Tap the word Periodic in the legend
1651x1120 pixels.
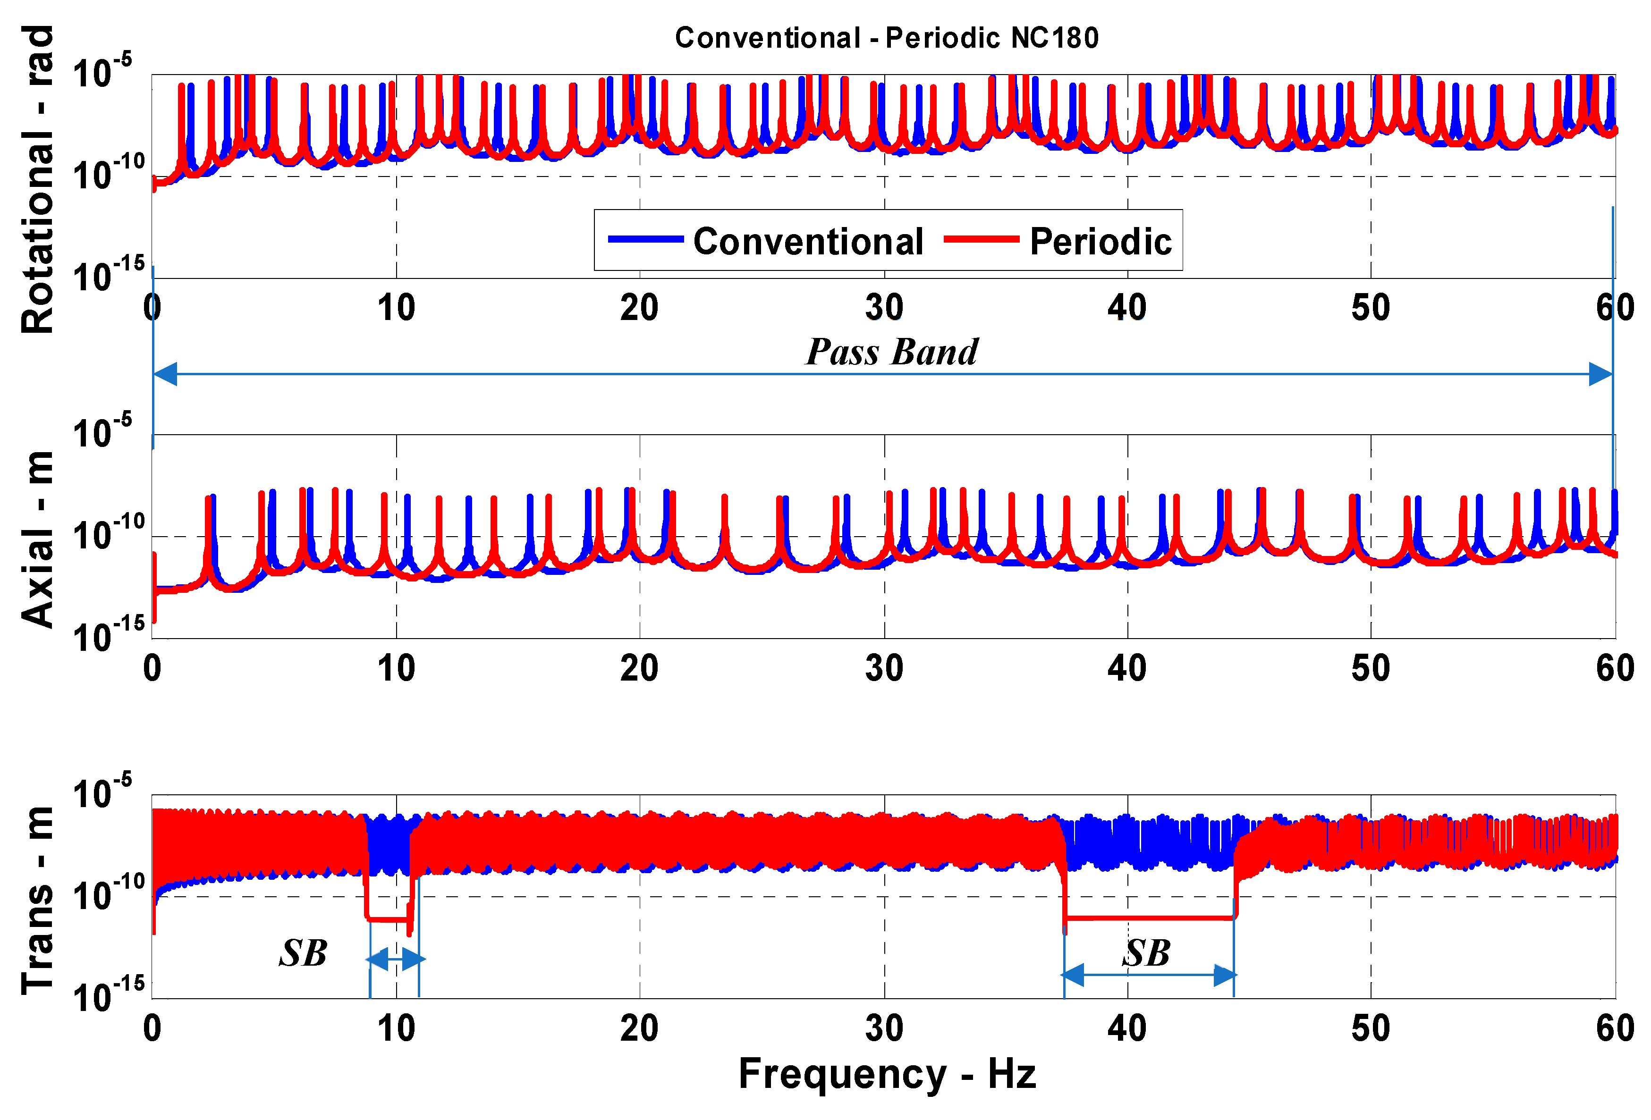pos(1100,242)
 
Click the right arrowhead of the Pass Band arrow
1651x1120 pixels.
pos(1600,374)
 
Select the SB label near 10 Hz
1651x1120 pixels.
pos(303,953)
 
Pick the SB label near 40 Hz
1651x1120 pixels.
pos(1146,953)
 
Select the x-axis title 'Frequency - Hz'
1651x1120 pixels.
pos(887,1073)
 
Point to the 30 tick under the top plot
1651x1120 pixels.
pos(884,308)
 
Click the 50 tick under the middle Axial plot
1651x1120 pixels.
pos(1371,668)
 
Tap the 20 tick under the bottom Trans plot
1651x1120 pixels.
pos(639,1028)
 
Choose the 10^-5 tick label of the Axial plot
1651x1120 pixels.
pos(102,432)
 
